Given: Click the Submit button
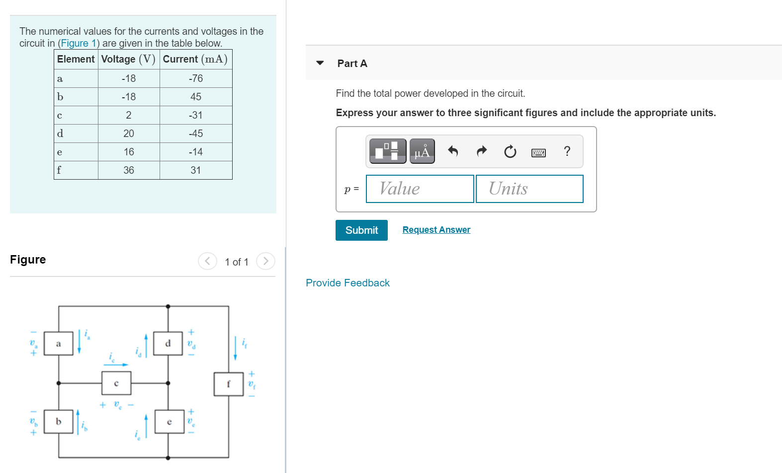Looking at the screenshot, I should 361,230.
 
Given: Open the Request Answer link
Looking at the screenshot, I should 436,230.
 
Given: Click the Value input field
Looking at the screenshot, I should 420,189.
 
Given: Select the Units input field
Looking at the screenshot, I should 529,189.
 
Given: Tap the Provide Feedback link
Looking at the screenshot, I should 348,283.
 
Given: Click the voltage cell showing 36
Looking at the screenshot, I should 129,170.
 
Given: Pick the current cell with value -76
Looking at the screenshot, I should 196,78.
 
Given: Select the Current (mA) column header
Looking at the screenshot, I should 195,59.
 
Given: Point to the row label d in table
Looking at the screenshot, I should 60,134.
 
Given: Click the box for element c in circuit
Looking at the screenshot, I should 116,383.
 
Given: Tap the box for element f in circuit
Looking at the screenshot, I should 228,384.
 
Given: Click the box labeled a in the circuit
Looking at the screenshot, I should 58,343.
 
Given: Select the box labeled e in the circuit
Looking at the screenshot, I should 169,422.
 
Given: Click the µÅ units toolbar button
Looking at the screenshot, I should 422,151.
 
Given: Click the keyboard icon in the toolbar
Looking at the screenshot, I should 538,152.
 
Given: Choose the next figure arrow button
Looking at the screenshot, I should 265,261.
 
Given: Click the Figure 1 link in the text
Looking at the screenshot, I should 79,43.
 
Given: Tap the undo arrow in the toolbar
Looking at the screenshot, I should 453,151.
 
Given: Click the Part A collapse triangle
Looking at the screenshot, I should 320,63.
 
